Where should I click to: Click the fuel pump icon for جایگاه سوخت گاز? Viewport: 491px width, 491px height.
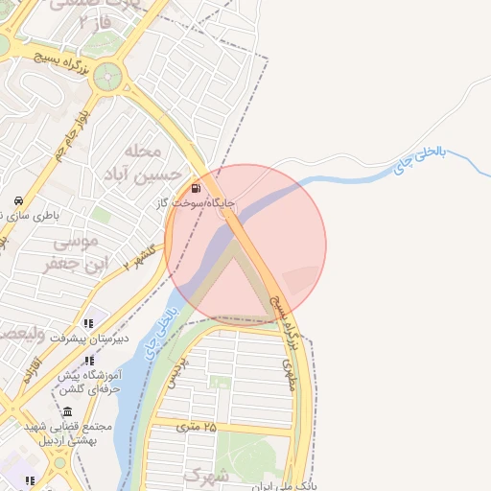point(197,188)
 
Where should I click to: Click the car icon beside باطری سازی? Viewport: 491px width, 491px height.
point(19,201)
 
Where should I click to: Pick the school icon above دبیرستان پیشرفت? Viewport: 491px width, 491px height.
point(88,323)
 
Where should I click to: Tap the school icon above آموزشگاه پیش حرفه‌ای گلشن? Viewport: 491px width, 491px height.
point(89,362)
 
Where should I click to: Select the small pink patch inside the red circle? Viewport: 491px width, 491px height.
point(300,279)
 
